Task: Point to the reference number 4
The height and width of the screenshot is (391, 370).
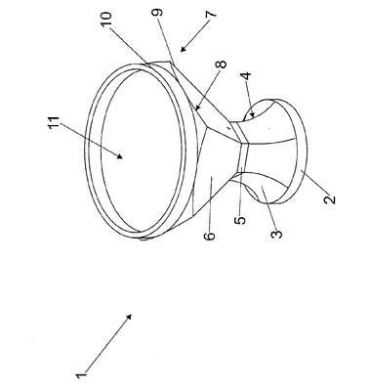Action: pos(247,76)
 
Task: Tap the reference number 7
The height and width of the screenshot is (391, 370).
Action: pos(211,14)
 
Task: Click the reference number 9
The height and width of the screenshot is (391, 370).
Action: pos(158,14)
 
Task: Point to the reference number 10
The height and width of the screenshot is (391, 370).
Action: pos(106,19)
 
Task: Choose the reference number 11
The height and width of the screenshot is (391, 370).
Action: pos(55,123)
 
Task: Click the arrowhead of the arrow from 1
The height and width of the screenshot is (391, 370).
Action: pos(129,317)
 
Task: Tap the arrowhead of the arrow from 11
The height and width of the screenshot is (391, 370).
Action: pos(120,155)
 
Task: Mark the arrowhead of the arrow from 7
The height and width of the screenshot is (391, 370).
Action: pos(183,49)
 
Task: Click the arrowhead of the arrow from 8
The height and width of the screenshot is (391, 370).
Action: pos(196,107)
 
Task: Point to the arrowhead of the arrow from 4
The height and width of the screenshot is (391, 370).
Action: pos(252,113)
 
